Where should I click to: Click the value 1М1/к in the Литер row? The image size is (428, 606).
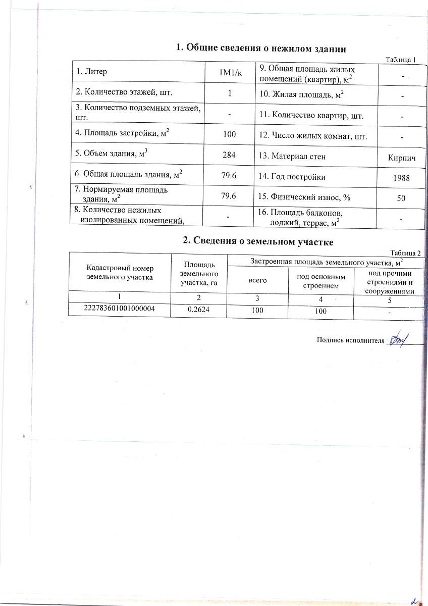[x=230, y=73]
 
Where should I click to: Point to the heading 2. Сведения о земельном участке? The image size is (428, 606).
[x=258, y=242]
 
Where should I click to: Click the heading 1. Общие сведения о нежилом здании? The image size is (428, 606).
[x=260, y=48]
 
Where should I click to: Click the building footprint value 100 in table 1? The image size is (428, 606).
[x=230, y=135]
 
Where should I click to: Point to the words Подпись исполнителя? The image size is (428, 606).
[x=347, y=340]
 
